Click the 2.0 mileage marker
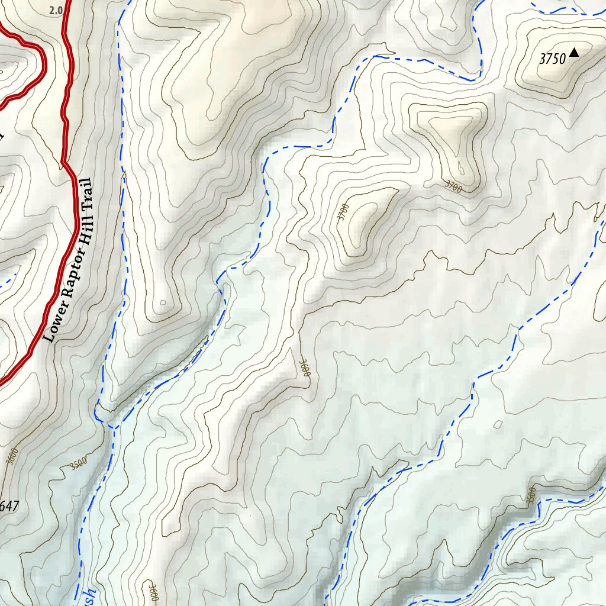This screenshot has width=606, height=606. (x=56, y=10)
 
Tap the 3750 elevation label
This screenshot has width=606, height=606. (x=553, y=59)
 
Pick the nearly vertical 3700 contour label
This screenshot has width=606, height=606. (x=343, y=212)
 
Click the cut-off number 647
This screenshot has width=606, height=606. (x=9, y=506)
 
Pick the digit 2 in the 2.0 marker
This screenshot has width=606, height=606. (x=52, y=10)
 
